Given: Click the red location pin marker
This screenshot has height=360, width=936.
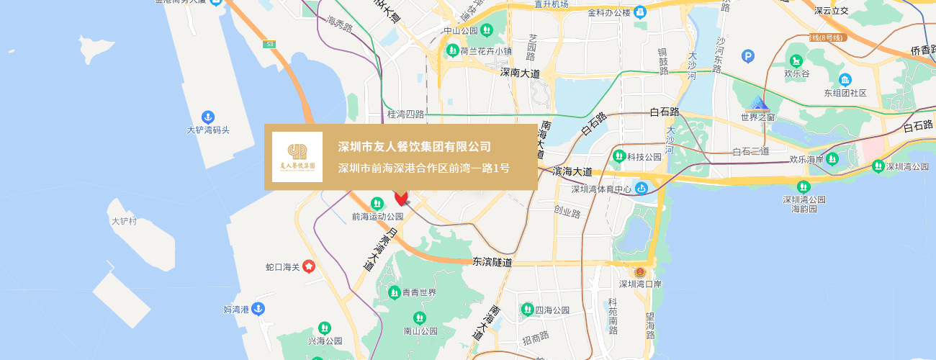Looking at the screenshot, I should click(x=401, y=198).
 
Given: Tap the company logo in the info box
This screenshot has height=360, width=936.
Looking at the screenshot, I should click(x=297, y=157).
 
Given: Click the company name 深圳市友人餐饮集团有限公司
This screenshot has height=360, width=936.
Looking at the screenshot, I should click(x=415, y=147).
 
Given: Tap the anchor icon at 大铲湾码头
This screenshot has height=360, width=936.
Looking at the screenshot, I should click(x=208, y=117).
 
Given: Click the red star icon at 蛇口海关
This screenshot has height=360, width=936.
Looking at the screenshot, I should click(x=309, y=267).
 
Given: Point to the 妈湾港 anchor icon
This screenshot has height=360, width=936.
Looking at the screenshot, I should click(x=258, y=309).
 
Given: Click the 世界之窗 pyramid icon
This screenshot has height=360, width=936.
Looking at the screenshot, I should click(x=757, y=102).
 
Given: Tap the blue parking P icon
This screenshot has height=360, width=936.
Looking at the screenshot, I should click(x=748, y=55).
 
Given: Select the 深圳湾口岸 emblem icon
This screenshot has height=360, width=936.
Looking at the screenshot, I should click(x=639, y=271).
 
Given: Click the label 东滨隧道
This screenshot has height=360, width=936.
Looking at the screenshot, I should click(x=492, y=263).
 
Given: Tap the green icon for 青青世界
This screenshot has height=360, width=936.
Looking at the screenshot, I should click(x=395, y=292).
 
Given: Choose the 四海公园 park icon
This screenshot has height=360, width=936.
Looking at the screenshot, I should click(x=528, y=310).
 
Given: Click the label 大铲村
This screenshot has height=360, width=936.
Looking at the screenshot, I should click(x=124, y=221).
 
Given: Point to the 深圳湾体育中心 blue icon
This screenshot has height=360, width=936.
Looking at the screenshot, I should click(x=642, y=189).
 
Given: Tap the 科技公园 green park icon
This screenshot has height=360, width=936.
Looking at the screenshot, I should click(x=618, y=156).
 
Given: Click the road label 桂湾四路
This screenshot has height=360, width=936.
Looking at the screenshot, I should click(x=405, y=114).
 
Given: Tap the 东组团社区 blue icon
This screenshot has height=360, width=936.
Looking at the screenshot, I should click(x=845, y=80).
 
